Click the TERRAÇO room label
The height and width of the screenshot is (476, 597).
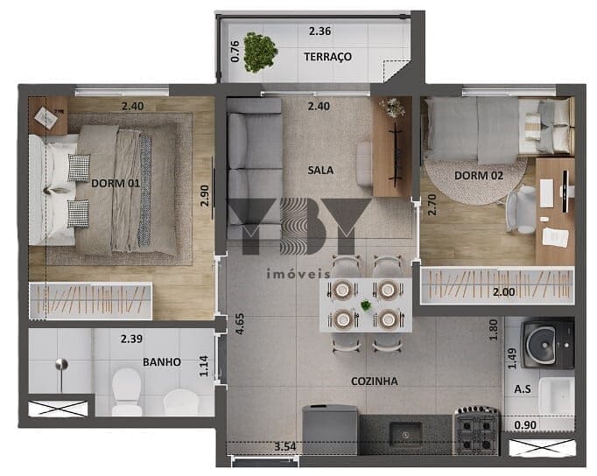click(327, 57)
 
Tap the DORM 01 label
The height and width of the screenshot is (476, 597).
click(116, 184)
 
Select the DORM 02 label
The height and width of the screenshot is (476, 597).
click(479, 175)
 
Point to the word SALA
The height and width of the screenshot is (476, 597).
click(320, 170)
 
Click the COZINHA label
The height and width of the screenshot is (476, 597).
click(375, 381)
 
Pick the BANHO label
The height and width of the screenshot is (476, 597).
click(162, 362)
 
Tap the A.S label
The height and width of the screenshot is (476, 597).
click(523, 388)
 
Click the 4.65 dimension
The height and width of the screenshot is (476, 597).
click(240, 324)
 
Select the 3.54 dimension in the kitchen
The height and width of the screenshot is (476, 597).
click(284, 446)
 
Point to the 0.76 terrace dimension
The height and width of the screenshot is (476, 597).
click(235, 52)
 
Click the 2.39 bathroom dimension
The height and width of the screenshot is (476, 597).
click(131, 339)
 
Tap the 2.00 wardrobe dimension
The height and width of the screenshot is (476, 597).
click(503, 292)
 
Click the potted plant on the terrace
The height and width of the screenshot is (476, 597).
click(260, 52)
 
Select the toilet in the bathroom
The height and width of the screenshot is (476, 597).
click(127, 391)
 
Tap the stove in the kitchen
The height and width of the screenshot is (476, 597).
click(477, 430)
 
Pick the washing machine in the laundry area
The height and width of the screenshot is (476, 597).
click(547, 344)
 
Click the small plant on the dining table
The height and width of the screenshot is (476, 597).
click(366, 304)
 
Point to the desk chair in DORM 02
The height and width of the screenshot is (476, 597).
click(521, 209)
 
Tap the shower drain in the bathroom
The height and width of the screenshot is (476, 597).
click(61, 364)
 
